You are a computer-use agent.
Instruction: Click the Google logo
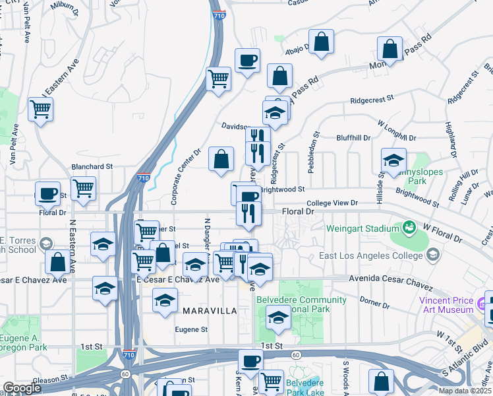(x=22, y=388)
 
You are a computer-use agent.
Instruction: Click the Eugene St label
(x=191, y=329)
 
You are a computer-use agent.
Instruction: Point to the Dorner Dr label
(x=376, y=304)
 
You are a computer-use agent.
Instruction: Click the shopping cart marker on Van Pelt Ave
(x=41, y=108)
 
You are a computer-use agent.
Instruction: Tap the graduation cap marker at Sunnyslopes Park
(x=393, y=160)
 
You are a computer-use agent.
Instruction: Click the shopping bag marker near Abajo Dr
(x=321, y=42)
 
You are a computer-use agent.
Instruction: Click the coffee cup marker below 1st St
(x=250, y=361)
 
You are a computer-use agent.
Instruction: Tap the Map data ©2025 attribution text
(x=465, y=391)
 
